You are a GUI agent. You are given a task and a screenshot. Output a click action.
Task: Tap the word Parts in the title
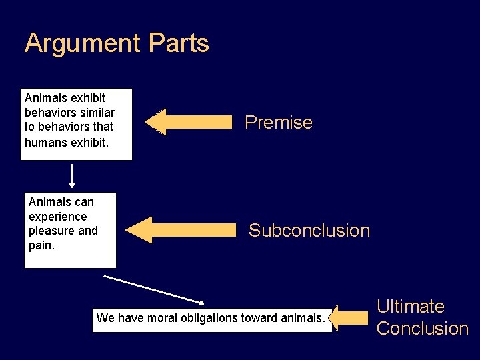(179, 43)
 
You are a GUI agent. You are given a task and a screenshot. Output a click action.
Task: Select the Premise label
(279, 123)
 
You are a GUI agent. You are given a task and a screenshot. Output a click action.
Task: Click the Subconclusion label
(309, 231)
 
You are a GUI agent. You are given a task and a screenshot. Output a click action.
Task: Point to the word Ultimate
(411, 307)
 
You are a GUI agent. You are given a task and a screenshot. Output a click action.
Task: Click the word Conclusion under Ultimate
(423, 329)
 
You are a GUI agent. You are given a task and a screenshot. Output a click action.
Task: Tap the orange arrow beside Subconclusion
(180, 230)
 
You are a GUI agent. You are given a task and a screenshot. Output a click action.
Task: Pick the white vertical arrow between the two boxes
(72, 177)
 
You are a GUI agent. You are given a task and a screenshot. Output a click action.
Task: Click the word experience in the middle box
(57, 217)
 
